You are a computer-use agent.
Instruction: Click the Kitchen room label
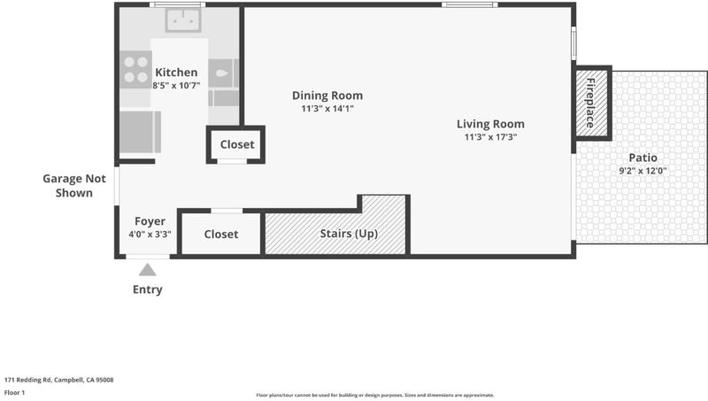pyautogui.click(x=176, y=73)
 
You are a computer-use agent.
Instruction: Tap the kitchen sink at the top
pyautogui.click(x=183, y=20)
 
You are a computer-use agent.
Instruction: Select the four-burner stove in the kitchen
pyautogui.click(x=135, y=70)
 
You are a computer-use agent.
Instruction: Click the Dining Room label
pyautogui.click(x=327, y=96)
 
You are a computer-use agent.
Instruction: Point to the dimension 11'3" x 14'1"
pyautogui.click(x=327, y=108)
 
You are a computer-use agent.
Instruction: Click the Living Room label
pyautogui.click(x=490, y=124)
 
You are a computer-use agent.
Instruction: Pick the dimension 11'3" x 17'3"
pyautogui.click(x=490, y=137)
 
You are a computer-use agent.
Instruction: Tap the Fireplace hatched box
pyautogui.click(x=592, y=103)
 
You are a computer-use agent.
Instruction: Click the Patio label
pyautogui.click(x=643, y=158)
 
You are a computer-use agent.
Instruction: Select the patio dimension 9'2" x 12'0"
pyautogui.click(x=643, y=171)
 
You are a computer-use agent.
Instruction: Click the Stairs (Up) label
pyautogui.click(x=349, y=234)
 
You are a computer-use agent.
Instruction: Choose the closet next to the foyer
pyautogui.click(x=220, y=234)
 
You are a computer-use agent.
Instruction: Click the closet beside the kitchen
pyautogui.click(x=235, y=144)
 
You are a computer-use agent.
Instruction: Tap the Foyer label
pyautogui.click(x=150, y=221)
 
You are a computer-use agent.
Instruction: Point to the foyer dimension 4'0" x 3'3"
pyautogui.click(x=150, y=235)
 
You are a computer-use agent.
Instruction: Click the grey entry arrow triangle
pyautogui.click(x=148, y=270)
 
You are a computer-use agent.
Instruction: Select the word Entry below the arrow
pyautogui.click(x=148, y=289)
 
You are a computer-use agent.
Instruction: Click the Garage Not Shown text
pyautogui.click(x=74, y=186)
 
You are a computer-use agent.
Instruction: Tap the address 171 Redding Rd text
pyautogui.click(x=58, y=380)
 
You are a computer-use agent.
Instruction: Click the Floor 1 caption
pyautogui.click(x=14, y=392)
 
